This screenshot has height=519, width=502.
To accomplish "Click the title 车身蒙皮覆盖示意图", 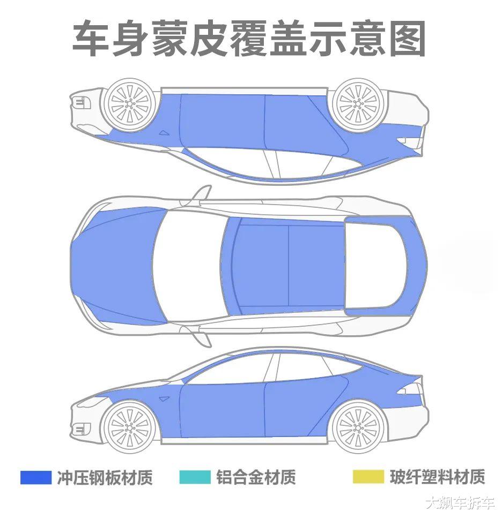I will [249, 39].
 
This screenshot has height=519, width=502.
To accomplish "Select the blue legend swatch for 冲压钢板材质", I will [36, 477].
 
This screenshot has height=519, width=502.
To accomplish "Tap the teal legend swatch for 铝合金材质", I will [195, 477].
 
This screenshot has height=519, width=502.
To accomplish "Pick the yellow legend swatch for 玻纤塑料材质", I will [368, 477].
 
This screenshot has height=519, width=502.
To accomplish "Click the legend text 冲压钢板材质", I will [105, 477].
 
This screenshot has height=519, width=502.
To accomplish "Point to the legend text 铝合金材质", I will [256, 477].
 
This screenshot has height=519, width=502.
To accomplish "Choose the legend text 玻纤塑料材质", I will [437, 477].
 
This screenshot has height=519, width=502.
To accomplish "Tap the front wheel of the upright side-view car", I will [129, 426].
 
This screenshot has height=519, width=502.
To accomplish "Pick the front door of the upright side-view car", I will [223, 410].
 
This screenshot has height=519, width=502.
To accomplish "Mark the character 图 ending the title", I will [408, 39].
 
